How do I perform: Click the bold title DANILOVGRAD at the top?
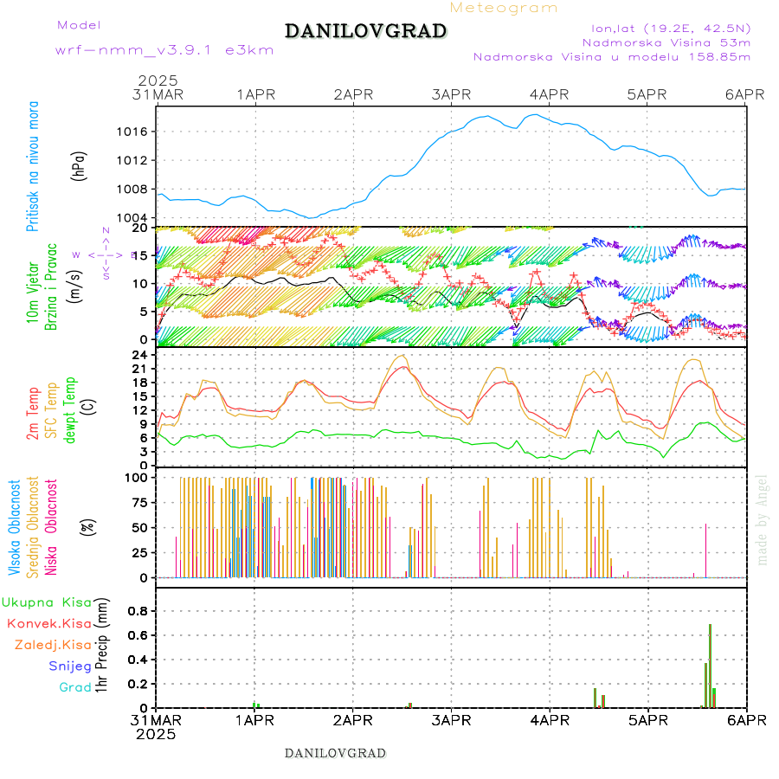click(365, 31)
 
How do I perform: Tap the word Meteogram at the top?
click(505, 8)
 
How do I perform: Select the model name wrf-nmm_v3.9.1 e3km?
click(164, 50)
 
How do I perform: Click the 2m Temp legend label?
click(33, 414)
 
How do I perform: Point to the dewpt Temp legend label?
click(71, 409)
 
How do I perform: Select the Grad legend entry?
click(74, 687)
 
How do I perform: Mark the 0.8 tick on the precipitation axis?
click(136, 611)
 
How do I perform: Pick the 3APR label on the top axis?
click(451, 93)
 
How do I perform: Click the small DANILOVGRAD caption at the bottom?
click(335, 753)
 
